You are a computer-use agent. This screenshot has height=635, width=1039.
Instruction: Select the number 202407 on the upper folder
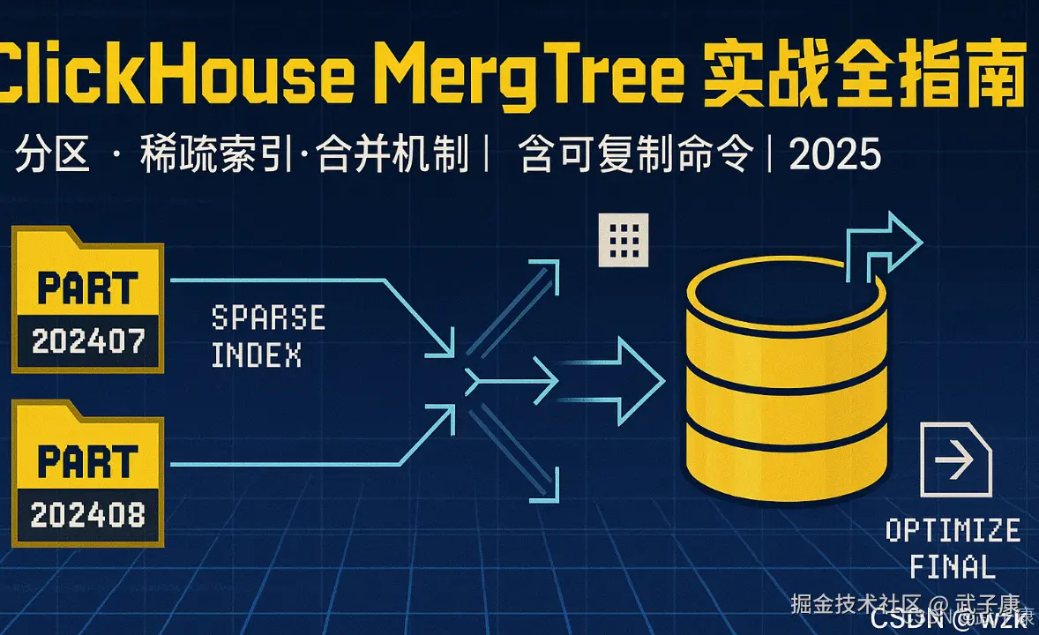pos(87,341)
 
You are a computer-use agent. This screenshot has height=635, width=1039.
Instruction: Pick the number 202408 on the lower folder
pos(87,514)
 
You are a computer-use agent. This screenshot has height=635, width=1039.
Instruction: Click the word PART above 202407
pos(87,288)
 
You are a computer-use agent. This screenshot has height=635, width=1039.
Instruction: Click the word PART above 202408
pos(87,461)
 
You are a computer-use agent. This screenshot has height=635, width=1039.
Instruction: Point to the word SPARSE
pos(268,317)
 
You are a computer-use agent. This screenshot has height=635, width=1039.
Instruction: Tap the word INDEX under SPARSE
pos(257,355)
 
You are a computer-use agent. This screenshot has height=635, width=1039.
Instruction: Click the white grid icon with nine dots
pos(623,239)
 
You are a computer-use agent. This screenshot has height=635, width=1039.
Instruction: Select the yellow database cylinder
pos(786,379)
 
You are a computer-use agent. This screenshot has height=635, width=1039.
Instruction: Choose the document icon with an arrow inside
pos(955,459)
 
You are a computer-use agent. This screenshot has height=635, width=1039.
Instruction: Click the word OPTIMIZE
pos(953,531)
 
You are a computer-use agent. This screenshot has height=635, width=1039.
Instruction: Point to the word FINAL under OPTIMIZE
pos(952,566)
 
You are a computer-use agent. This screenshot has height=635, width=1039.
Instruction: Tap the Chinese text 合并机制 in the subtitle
pos(393,156)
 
